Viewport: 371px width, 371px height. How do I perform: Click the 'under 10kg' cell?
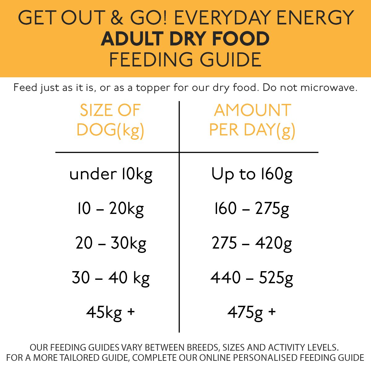111,174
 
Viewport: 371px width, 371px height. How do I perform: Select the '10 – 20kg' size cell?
110,209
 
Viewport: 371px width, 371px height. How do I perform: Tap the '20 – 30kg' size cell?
110,243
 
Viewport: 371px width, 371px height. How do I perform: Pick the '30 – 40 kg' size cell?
110,278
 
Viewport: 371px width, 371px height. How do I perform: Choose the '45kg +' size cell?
110,312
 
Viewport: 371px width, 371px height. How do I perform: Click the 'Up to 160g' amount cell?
252,174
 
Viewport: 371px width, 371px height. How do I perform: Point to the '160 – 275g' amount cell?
252,209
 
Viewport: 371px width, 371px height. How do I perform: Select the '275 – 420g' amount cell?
252,243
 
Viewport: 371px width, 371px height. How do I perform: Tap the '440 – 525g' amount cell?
252,278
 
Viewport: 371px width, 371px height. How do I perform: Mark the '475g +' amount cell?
252,312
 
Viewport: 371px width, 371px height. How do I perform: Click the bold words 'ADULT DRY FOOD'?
185,39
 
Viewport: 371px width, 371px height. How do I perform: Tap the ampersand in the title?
117,18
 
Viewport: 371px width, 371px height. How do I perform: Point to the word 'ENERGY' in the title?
315,18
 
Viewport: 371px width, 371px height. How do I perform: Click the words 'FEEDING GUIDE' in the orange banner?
185,60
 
